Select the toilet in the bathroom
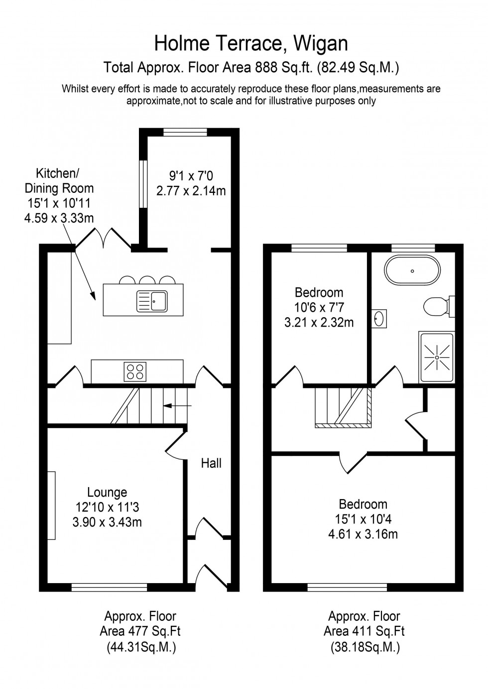click(437, 306)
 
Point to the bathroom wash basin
click(379, 318)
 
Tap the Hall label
click(211, 463)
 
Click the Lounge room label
click(107, 492)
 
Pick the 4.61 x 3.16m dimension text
click(363, 534)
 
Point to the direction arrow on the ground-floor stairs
click(177, 406)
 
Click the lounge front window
click(109, 587)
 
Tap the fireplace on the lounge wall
click(51, 505)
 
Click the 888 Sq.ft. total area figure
click(284, 67)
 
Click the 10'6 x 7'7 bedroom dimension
click(319, 308)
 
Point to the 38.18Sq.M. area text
click(365, 648)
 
